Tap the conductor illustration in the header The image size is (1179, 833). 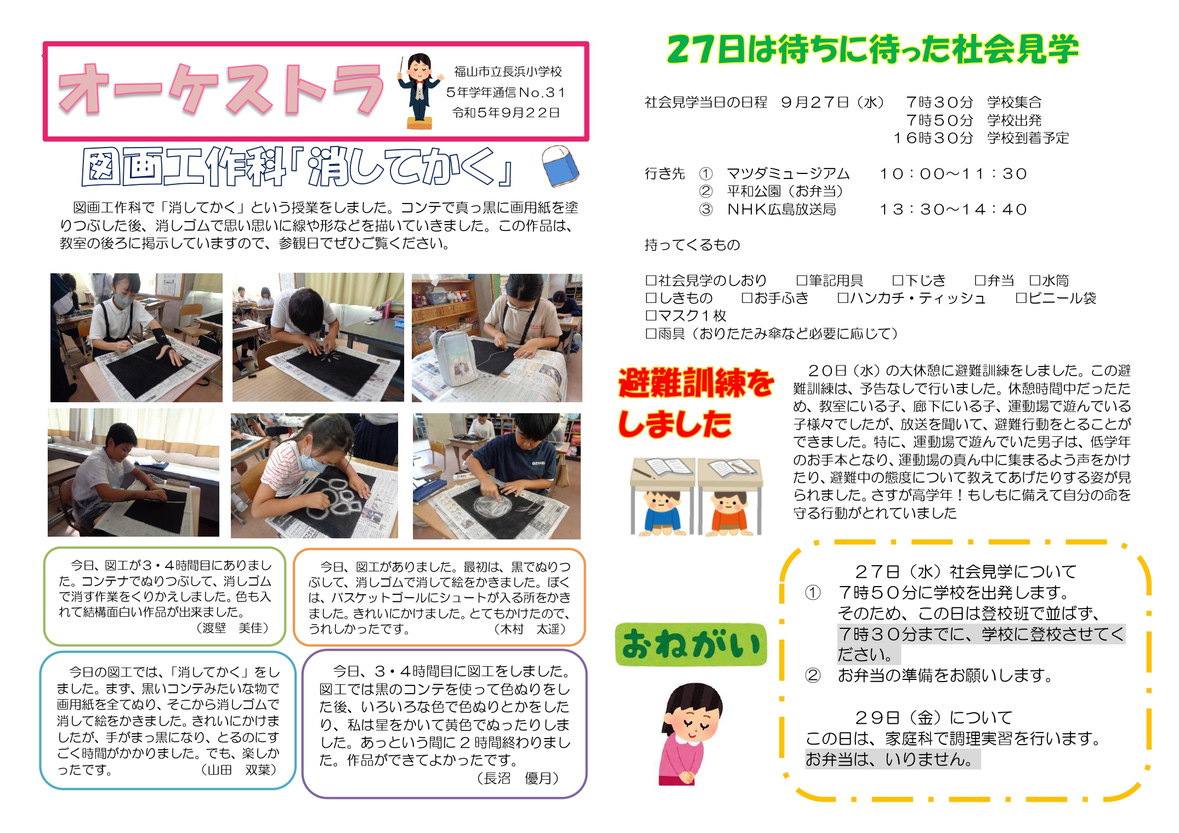pyautogui.click(x=420, y=91)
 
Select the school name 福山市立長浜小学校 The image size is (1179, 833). pyautogui.click(x=508, y=71)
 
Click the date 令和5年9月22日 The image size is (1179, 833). pyautogui.click(x=506, y=112)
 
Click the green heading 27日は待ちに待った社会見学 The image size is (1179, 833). pyautogui.click(x=872, y=49)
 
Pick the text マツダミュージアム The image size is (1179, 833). pyautogui.click(x=788, y=174)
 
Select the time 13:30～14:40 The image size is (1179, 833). pyautogui.click(x=953, y=210)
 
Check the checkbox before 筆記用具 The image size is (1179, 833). pyautogui.click(x=802, y=280)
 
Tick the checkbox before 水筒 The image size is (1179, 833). pyautogui.click(x=1035, y=280)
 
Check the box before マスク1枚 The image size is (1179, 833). pyautogui.click(x=651, y=316)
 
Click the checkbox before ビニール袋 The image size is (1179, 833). pyautogui.click(x=1021, y=298)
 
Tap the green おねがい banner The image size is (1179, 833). pyautogui.click(x=691, y=644)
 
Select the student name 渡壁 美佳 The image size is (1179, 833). pyautogui.click(x=233, y=628)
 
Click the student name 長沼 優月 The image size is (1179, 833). pyautogui.click(x=517, y=778)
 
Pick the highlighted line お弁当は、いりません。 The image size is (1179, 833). pyautogui.click(x=892, y=759)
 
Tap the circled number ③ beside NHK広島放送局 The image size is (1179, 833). pyautogui.click(x=706, y=210)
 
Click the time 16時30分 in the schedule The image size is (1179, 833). pyautogui.click(x=933, y=138)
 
